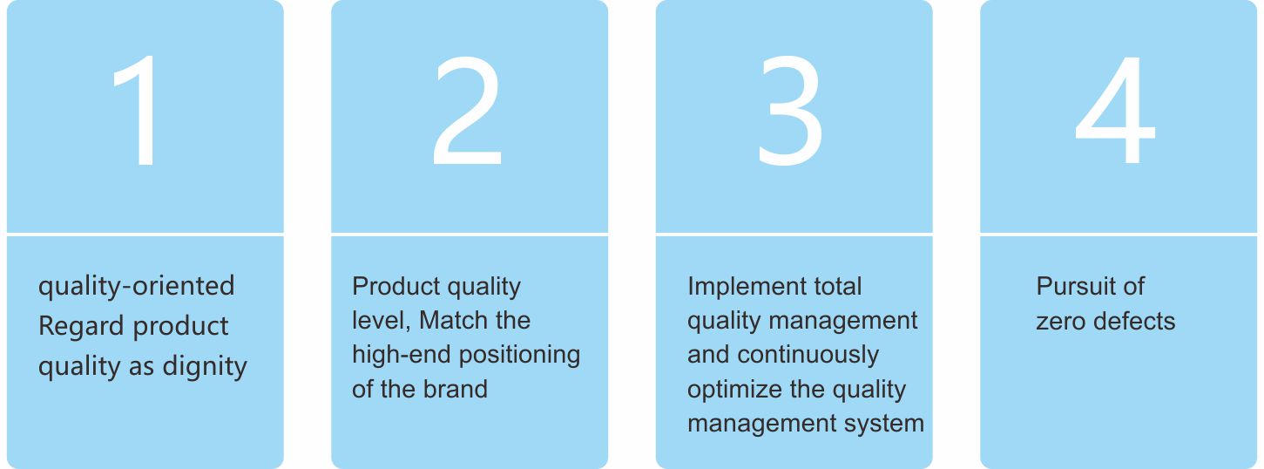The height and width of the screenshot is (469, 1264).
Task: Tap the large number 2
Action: pyautogui.click(x=467, y=111)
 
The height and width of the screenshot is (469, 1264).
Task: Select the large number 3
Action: pyautogui.click(x=790, y=111)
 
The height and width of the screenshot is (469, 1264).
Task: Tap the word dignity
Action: pyautogui.click(x=205, y=367)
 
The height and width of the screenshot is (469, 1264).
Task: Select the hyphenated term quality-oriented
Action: pyautogui.click(x=136, y=287)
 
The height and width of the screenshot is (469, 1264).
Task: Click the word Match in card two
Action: pyautogui.click(x=446, y=321)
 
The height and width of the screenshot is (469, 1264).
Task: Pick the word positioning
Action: pyautogui.click(x=520, y=356)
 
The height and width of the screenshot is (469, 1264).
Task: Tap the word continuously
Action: pyautogui.click(x=808, y=356)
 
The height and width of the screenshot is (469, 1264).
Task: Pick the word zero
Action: pyautogui.click(x=1060, y=322)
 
